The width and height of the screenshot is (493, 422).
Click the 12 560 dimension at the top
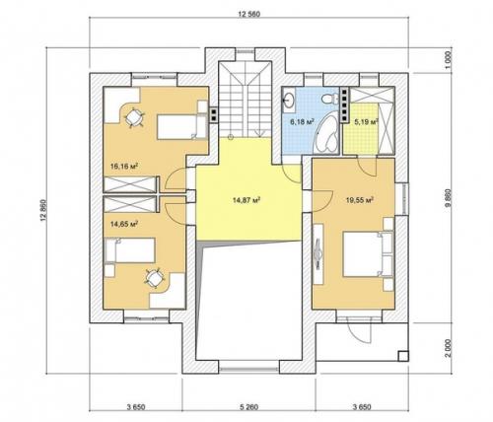pos(248,14)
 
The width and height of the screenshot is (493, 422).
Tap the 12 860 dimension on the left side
pos(43,210)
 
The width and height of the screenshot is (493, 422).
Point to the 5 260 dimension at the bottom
pos(248,407)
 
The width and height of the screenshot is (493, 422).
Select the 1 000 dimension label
pos(450,60)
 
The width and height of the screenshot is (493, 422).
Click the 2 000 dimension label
pos(450,348)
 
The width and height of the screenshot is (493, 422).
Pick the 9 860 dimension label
pos(450,198)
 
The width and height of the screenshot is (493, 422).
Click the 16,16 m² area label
pos(123,166)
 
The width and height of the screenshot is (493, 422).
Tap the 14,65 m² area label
pos(123,224)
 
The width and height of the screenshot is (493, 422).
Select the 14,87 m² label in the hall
pos(246,200)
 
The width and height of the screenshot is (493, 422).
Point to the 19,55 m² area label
pos(361,199)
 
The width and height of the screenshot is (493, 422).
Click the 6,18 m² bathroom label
pos(302,122)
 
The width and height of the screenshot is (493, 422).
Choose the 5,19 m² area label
pos(366,122)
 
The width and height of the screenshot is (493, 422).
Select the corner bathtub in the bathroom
pos(327,132)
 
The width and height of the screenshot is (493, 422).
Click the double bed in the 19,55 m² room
pos(368,254)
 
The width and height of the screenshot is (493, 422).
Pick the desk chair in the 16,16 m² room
pos(134,117)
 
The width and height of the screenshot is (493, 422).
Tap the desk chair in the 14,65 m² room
pos(154,278)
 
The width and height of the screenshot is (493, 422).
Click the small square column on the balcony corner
pos(403,356)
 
